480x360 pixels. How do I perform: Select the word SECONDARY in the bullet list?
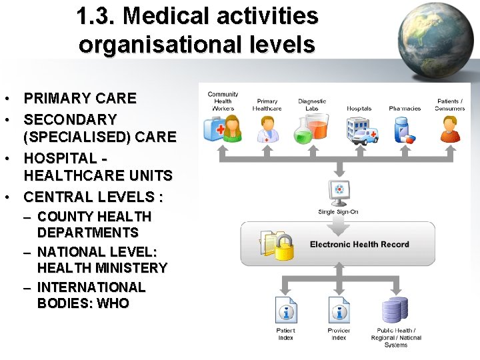point(71,120)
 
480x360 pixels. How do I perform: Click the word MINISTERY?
point(131,268)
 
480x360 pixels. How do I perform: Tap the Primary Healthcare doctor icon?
point(267,129)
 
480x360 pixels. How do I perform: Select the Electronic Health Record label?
point(359,244)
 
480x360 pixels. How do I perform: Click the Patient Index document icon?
point(286,311)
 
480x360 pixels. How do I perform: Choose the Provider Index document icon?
point(339,311)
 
